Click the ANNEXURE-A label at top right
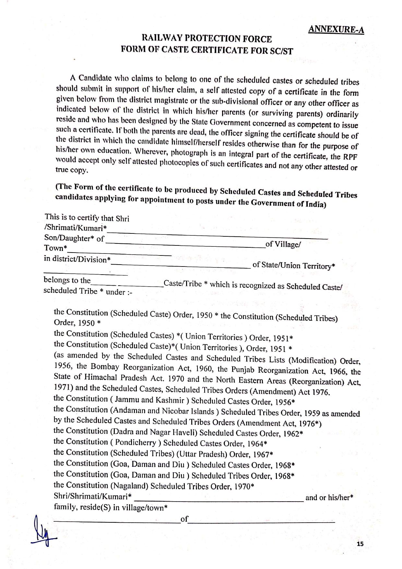(x=336, y=30)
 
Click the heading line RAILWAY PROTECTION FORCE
(x=207, y=39)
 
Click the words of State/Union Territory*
(x=293, y=266)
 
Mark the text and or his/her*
(x=329, y=497)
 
